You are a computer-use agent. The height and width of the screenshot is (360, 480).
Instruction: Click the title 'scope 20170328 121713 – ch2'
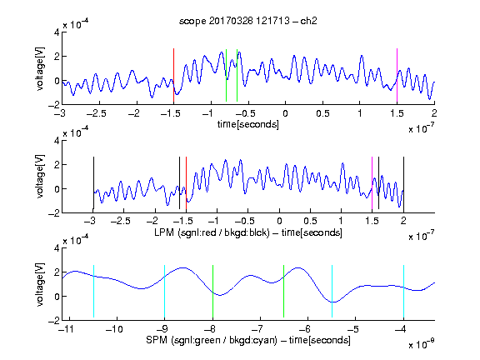[x=248, y=21]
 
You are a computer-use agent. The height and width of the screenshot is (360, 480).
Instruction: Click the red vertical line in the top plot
[x=173, y=75]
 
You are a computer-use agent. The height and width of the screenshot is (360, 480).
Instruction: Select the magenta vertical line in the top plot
[x=397, y=75]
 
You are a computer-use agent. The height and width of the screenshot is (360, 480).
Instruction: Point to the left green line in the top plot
[x=226, y=75]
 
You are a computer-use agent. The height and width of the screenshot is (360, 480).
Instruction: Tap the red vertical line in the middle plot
[x=186, y=182]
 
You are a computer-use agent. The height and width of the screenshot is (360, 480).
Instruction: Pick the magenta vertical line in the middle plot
[x=372, y=182]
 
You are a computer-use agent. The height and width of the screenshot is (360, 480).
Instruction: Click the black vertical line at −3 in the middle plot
[x=93, y=182]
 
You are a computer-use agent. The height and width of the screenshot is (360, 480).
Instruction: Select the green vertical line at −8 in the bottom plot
[x=212, y=291]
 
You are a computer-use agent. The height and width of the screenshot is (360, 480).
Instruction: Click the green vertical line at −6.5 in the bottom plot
[x=284, y=291]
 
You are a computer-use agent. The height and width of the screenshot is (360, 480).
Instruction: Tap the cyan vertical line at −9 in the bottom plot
[x=165, y=291]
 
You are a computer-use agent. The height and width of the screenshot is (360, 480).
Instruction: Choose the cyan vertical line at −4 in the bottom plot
[x=404, y=291]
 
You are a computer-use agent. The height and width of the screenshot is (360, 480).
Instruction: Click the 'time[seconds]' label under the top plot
[x=248, y=124]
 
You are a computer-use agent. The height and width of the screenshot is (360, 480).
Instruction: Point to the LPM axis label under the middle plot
[x=248, y=232]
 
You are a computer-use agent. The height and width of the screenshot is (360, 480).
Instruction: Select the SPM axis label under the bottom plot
[x=248, y=340]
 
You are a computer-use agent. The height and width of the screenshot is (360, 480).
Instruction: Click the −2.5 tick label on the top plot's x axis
[x=96, y=113]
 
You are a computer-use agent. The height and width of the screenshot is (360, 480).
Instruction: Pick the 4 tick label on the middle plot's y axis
[x=57, y=141]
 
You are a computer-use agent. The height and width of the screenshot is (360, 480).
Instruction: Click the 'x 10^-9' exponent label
[x=421, y=344]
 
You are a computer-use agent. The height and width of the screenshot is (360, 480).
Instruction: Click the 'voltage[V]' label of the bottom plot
[x=40, y=284]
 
